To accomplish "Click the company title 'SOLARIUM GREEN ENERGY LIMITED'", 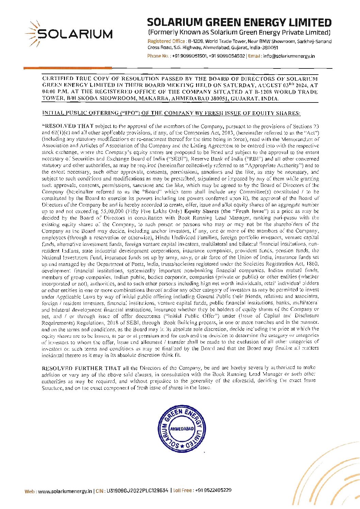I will point(239,23).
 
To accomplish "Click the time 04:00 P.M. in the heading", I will point(55,92).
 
